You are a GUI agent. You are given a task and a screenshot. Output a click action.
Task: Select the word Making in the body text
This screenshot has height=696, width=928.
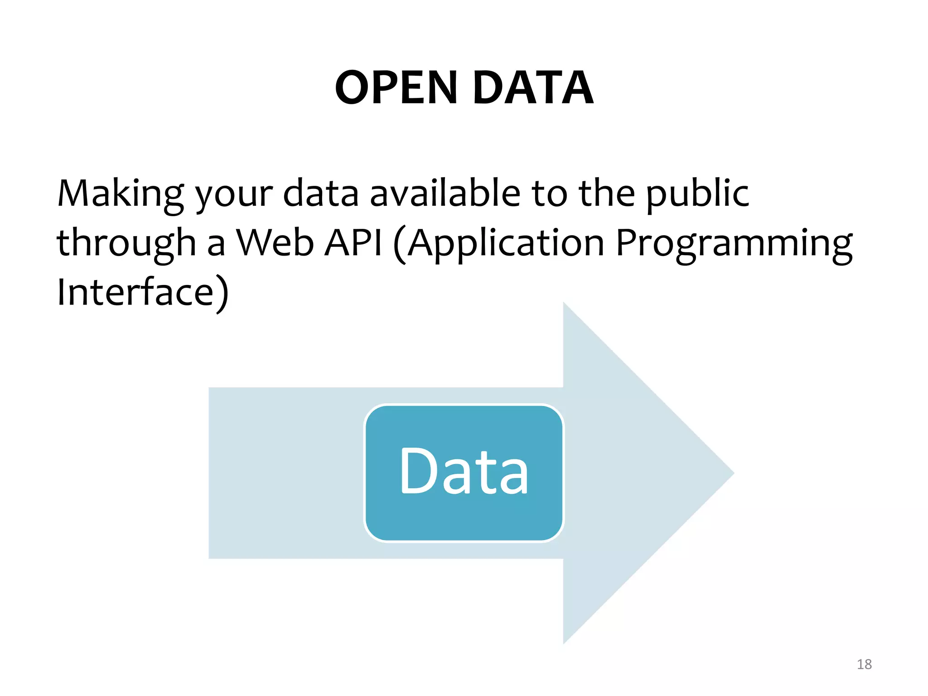121,194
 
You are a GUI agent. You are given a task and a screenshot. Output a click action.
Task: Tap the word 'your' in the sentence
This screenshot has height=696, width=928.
234,195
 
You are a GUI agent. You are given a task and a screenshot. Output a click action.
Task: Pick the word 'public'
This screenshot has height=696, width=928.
698,194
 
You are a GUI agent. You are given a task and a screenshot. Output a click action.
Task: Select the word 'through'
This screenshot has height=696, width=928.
126,243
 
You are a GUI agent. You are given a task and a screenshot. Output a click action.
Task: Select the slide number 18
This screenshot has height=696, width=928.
864,664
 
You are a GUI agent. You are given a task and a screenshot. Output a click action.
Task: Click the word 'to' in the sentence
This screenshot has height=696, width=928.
549,194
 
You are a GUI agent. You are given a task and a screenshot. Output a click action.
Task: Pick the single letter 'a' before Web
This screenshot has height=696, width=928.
216,245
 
